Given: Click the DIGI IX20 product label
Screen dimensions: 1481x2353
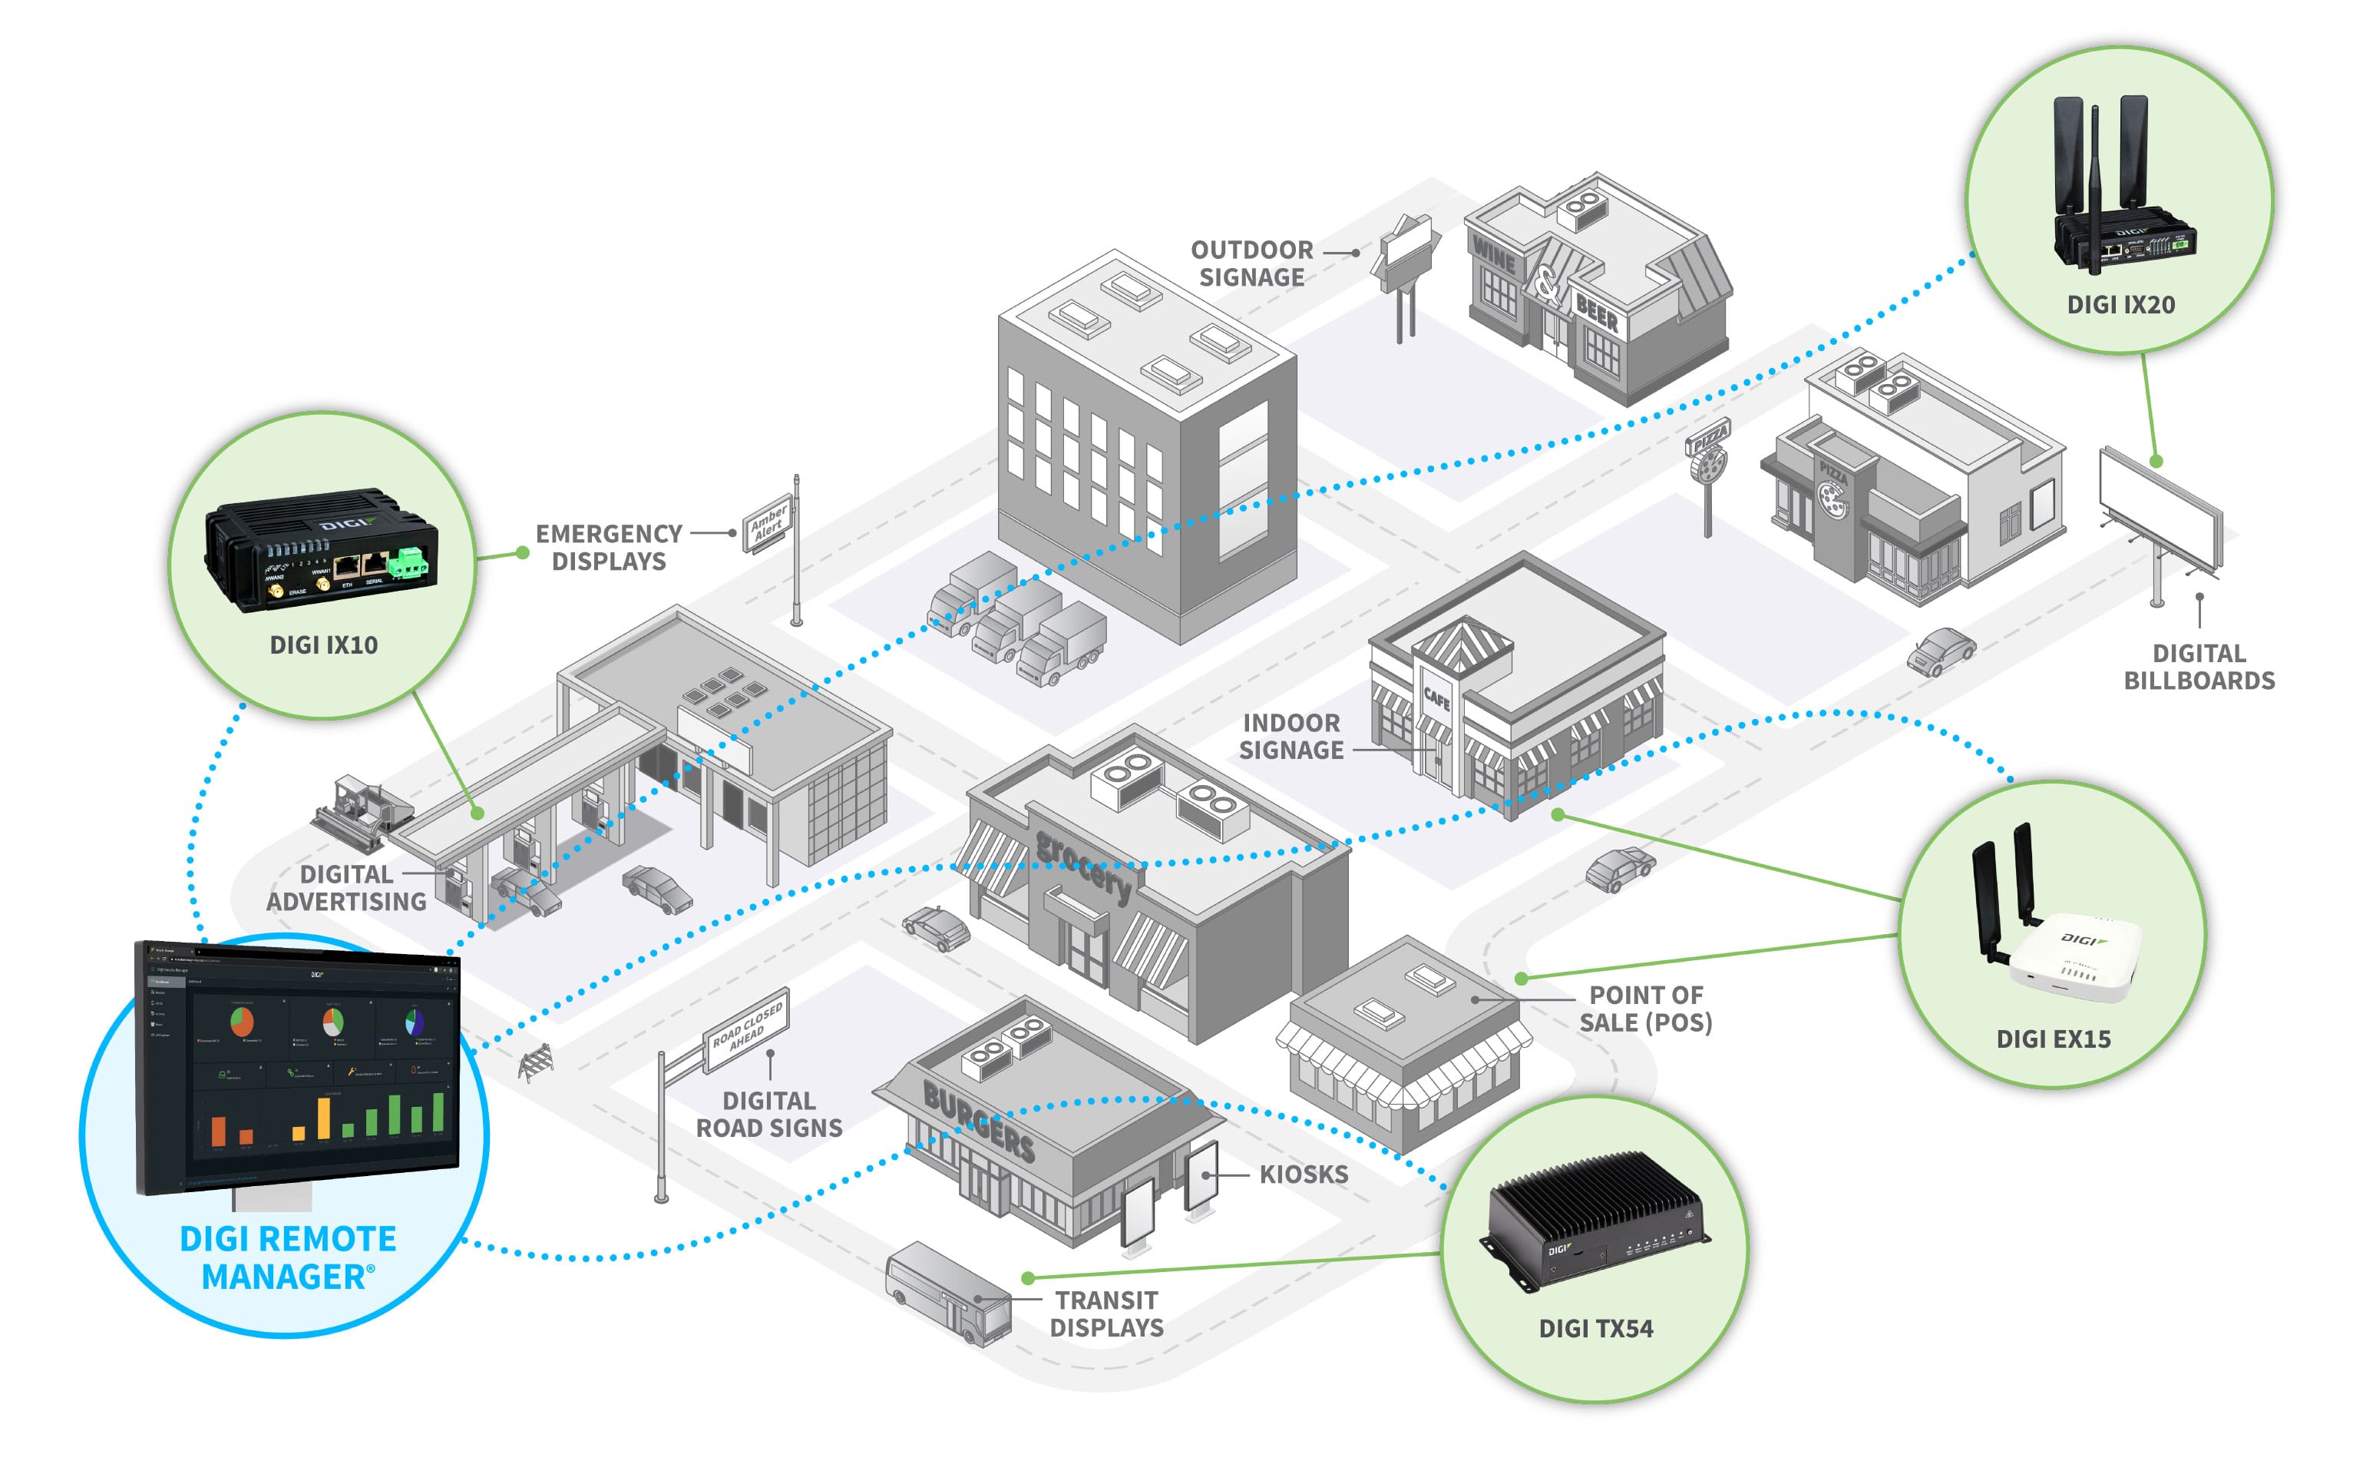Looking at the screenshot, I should point(2120,305).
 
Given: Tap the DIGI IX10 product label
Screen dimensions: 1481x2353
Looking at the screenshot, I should point(323,645).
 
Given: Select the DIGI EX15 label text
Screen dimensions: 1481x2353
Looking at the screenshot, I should point(2053,1039).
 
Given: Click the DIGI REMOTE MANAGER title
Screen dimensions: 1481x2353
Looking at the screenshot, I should point(287,1257).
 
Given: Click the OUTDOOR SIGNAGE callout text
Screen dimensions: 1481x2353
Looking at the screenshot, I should point(1252,264).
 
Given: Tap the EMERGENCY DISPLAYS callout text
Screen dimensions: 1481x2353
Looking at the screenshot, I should point(609,548).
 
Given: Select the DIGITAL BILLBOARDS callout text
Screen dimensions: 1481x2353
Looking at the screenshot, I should point(2199,667).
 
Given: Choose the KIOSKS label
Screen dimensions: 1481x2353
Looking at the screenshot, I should point(1304,1174).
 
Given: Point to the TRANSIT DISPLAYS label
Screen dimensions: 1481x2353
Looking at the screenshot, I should point(1106,1314).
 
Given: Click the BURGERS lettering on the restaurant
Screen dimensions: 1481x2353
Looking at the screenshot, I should point(978,1123).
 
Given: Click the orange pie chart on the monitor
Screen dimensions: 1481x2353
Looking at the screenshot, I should point(241,1022).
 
